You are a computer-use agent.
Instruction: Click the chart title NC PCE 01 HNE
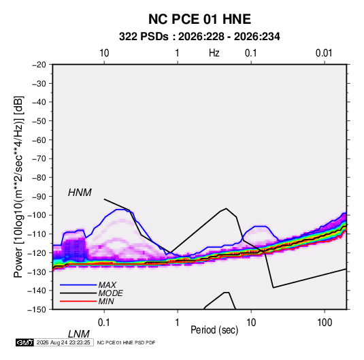tap(199, 19)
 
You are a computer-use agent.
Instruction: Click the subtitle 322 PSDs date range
tap(199, 37)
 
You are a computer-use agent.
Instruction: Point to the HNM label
tap(80, 193)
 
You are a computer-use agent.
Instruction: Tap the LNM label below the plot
tap(78, 334)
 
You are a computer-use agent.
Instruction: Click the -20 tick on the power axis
tap(39, 65)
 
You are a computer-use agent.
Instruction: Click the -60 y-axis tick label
tap(39, 140)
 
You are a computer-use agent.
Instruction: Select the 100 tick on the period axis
tap(325, 323)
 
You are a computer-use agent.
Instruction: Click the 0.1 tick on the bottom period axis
tap(104, 323)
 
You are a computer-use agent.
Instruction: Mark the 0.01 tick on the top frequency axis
tap(324, 53)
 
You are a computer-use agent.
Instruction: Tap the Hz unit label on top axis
tap(214, 53)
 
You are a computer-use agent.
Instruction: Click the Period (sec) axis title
tap(214, 330)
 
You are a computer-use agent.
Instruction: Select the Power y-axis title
tap(18, 187)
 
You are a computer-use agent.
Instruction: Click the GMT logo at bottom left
tap(24, 342)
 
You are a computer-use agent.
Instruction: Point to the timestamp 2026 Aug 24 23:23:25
tap(63, 342)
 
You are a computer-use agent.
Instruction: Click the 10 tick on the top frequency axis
tap(104, 53)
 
